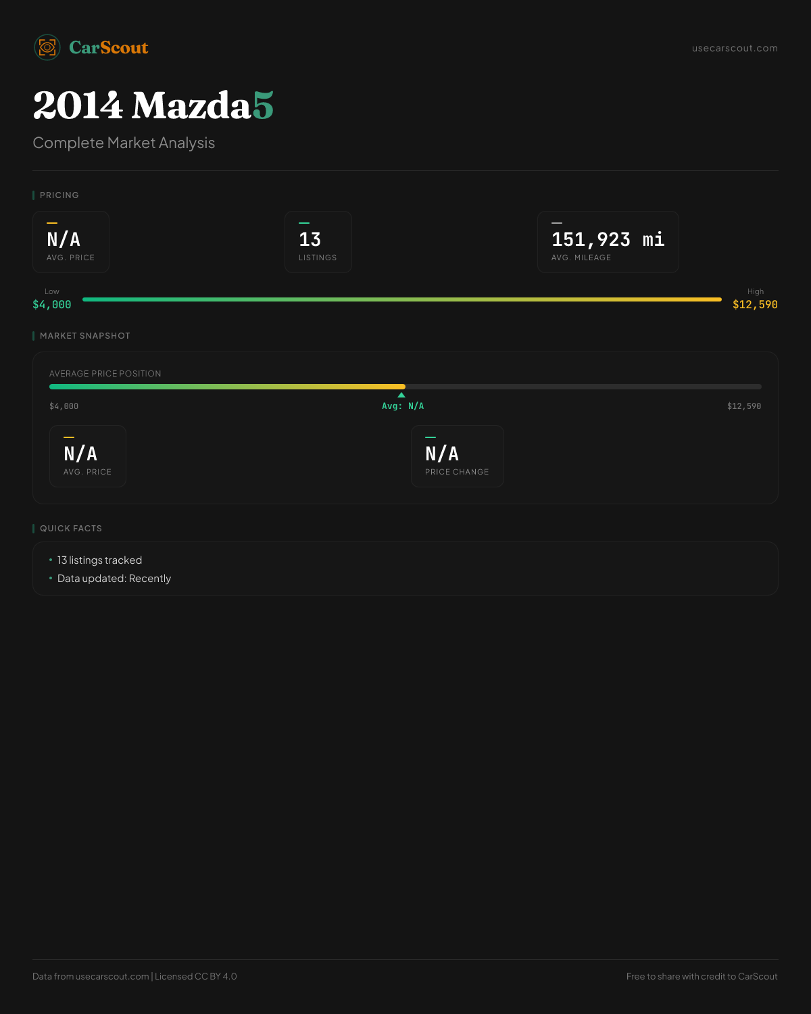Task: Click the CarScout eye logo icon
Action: pos(47,47)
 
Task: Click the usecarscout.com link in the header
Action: pos(735,48)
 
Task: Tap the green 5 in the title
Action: pos(263,105)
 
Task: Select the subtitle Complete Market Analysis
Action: pos(124,143)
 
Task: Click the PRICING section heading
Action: pos(59,195)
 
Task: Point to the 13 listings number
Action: pos(310,239)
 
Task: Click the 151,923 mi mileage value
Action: pos(608,239)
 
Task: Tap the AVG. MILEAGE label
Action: pos(581,258)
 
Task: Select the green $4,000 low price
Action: pos(52,304)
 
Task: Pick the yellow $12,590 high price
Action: pos(755,304)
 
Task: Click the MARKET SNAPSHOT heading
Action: pos(85,335)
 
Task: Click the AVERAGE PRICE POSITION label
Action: pos(105,373)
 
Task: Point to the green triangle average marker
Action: pos(401,395)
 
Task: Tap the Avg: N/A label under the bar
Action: pos(403,406)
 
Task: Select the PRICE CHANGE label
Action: pos(457,472)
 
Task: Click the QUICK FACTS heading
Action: pos(71,528)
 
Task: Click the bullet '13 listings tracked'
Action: pos(99,560)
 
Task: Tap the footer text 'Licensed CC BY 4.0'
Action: pos(195,976)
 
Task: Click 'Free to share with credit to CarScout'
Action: pos(702,976)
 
